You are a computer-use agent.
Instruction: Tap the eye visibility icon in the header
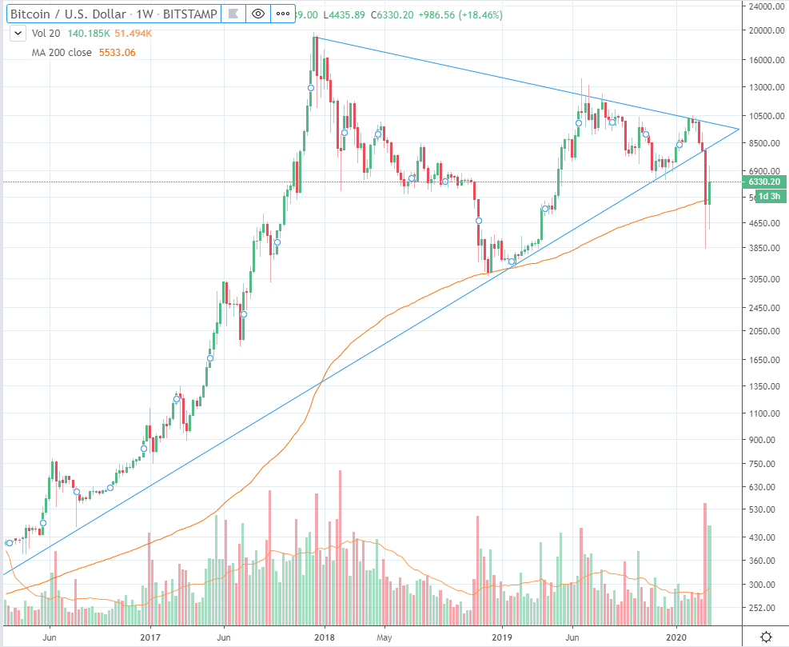[257, 14]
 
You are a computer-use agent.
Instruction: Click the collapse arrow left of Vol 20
[17, 33]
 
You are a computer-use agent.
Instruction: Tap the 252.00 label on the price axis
[763, 608]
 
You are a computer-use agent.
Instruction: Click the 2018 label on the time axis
[324, 637]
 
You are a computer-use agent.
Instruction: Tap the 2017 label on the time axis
[150, 637]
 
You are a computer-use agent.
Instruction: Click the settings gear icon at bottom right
[766, 637]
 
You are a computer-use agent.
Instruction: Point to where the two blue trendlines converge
[739, 129]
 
